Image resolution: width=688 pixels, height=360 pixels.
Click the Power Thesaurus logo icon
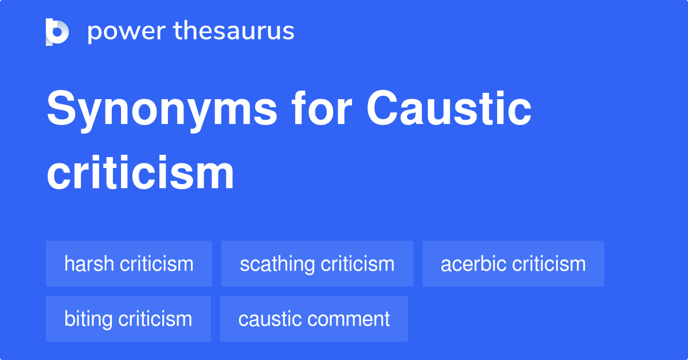(x=57, y=32)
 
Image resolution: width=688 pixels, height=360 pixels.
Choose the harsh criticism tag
(x=129, y=264)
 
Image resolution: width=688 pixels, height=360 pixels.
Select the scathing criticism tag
(x=317, y=264)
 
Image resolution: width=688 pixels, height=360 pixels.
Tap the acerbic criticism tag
(x=513, y=264)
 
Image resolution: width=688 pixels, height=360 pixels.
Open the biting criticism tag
(x=128, y=319)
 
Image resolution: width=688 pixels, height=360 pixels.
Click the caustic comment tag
(x=314, y=319)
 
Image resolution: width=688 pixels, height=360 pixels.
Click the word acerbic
(x=474, y=264)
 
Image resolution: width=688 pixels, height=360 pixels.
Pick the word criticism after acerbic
(x=549, y=264)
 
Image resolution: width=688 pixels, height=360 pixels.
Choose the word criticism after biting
(x=155, y=319)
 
